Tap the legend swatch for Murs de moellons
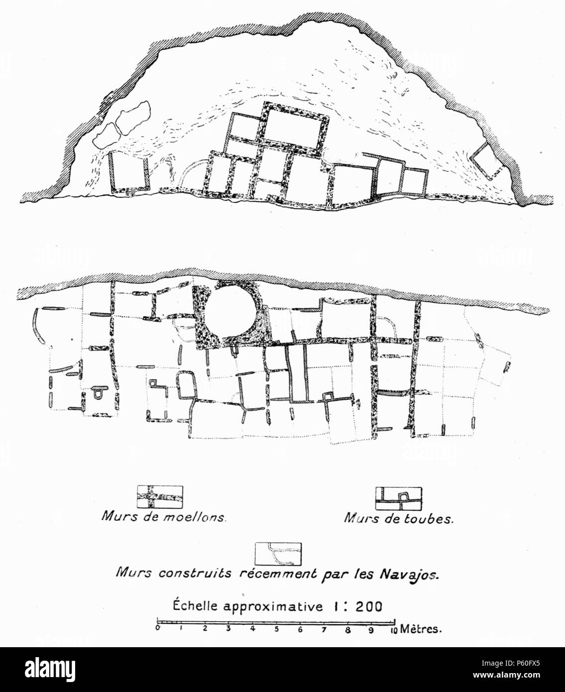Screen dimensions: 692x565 [x=160, y=496]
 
